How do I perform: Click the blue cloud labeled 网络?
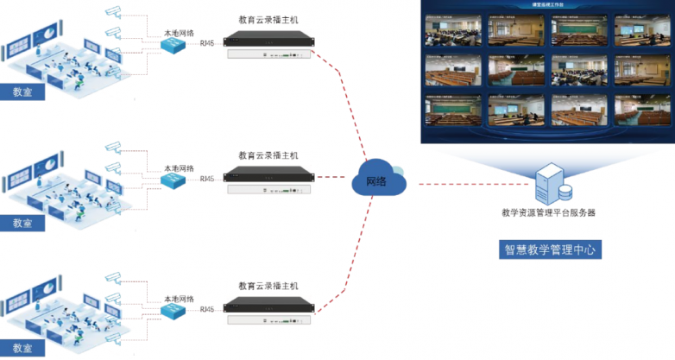(x=376, y=181)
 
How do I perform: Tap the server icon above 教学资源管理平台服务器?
(x=549, y=182)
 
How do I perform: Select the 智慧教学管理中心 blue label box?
(x=552, y=250)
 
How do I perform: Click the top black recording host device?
(x=268, y=39)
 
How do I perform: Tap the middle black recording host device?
(x=268, y=175)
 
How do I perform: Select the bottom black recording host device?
(x=268, y=306)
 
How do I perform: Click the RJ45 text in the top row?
(x=207, y=42)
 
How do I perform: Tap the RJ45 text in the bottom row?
(x=207, y=309)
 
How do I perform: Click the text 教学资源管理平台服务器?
(x=548, y=212)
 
